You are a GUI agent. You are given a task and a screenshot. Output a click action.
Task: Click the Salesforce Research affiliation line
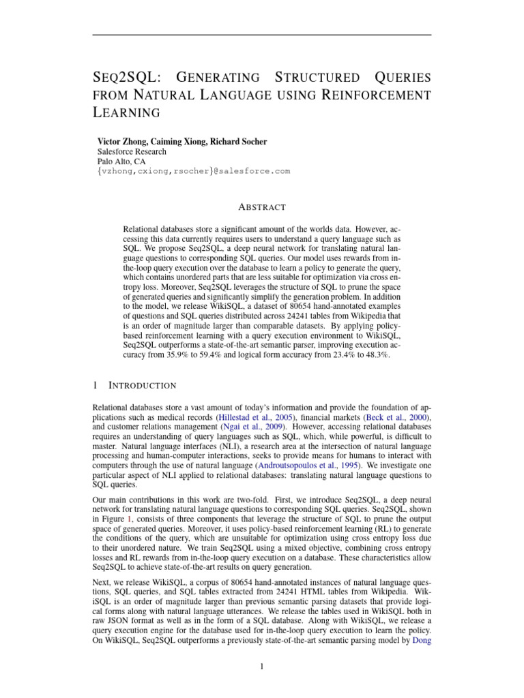click(x=132, y=151)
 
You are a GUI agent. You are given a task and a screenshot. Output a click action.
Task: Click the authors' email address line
click(x=194, y=172)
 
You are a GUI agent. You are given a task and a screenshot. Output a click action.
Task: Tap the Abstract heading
click(x=262, y=207)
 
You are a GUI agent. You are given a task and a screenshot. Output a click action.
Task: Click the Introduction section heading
click(x=143, y=386)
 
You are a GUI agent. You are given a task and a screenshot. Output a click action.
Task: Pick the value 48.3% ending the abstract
click(x=376, y=356)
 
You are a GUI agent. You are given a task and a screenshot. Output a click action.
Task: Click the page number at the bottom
click(x=262, y=667)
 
